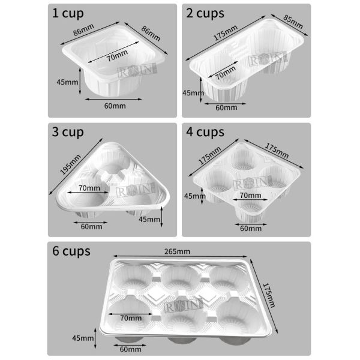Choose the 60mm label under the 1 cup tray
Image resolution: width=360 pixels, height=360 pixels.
coord(115,106)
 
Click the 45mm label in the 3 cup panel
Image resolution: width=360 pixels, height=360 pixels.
coord(148,220)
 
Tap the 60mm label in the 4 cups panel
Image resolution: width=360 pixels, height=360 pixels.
coord(250,228)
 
